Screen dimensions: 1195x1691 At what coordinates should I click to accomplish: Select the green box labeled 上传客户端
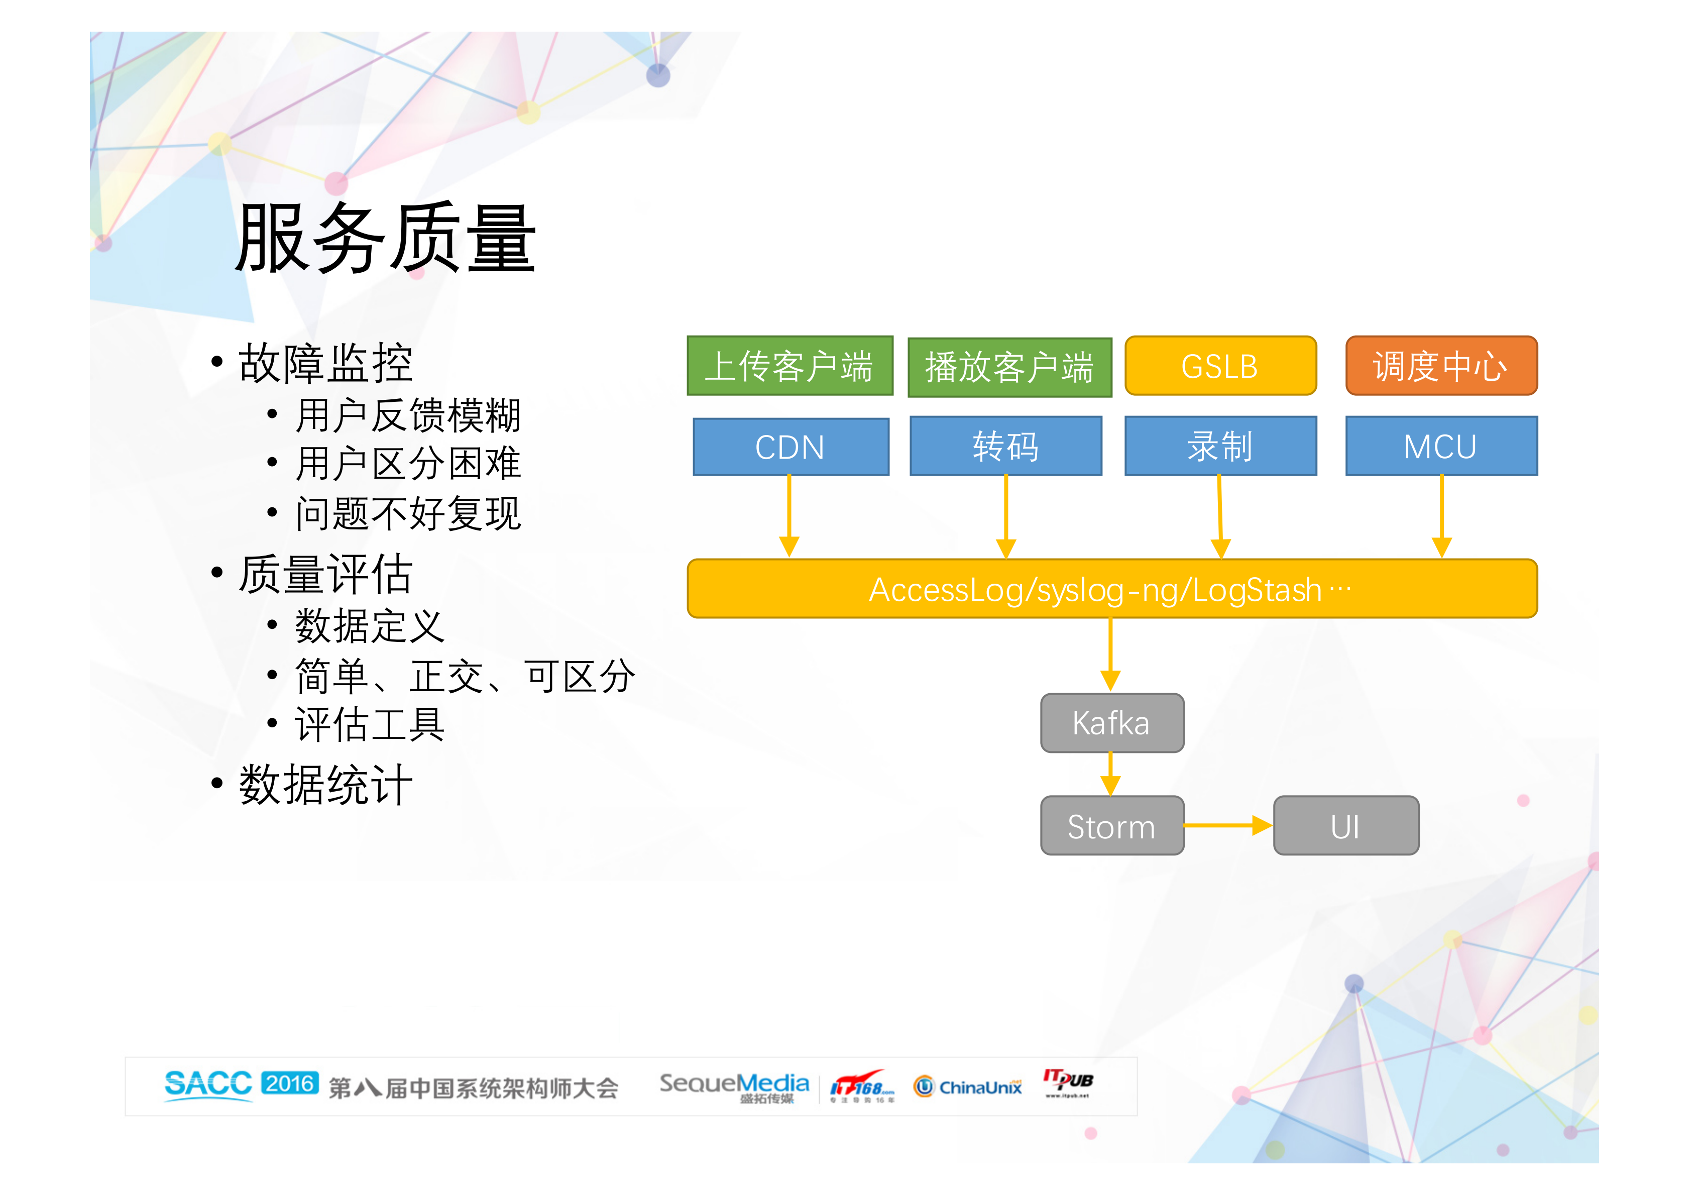coord(790,366)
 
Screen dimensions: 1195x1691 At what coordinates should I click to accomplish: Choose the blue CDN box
coord(791,447)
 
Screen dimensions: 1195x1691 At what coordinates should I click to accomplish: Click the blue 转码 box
coord(1005,447)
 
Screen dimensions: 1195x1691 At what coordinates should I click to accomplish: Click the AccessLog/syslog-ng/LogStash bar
coord(1111,589)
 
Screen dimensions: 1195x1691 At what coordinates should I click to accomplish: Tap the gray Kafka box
coord(1111,723)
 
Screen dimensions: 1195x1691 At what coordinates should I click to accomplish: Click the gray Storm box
coord(1111,826)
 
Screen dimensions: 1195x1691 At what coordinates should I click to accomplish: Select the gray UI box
coord(1345,826)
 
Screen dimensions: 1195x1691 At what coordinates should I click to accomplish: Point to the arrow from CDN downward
coord(789,516)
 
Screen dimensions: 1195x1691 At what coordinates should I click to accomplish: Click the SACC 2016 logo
coord(241,1084)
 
